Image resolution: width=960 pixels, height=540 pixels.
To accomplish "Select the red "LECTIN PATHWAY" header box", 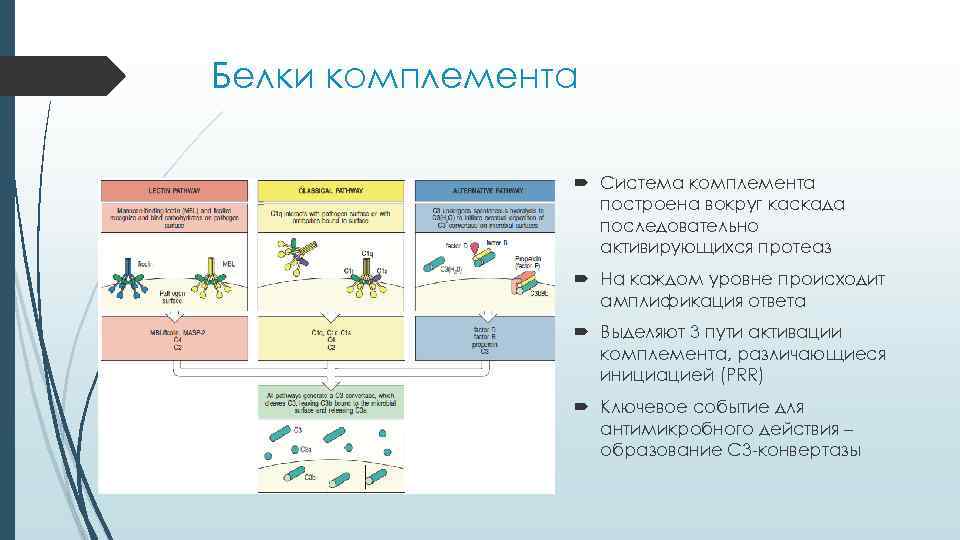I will [x=174, y=190].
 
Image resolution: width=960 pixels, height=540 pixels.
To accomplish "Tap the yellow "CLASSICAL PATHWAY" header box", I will [x=331, y=190].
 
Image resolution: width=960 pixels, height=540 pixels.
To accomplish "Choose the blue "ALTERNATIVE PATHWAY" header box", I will [x=484, y=190].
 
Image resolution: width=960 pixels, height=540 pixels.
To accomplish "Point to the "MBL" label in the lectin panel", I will [x=228, y=263].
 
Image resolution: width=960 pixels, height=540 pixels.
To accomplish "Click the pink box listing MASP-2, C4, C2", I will [x=174, y=338].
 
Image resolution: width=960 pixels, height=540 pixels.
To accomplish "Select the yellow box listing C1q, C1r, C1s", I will [x=331, y=338].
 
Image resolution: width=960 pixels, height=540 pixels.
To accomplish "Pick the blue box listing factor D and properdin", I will [x=484, y=338].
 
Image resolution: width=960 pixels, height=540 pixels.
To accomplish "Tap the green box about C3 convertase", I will [x=331, y=402].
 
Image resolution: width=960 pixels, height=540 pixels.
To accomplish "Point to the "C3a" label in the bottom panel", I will [x=305, y=450].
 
